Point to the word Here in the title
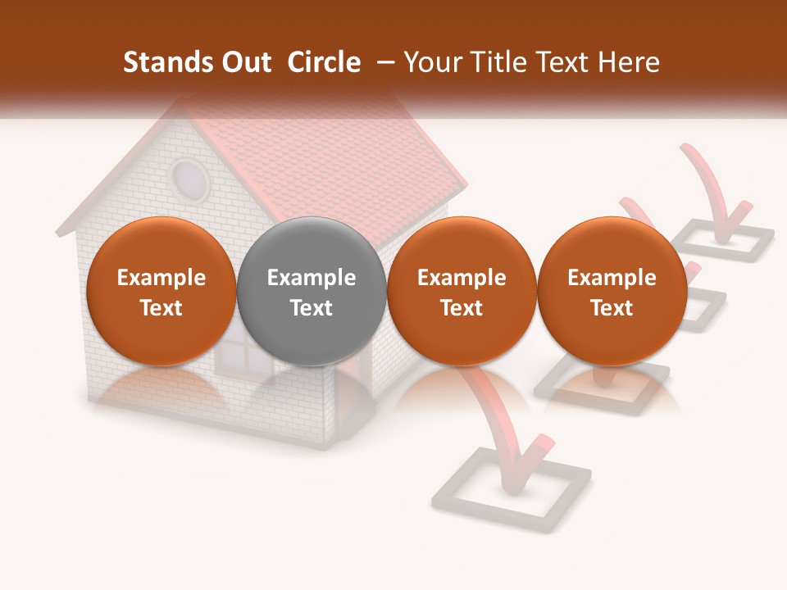pyautogui.click(x=630, y=62)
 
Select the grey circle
pyautogui.click(x=312, y=291)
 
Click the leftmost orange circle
pyautogui.click(x=161, y=291)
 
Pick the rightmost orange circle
pyautogui.click(x=612, y=291)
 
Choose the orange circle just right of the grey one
pyautogui.click(x=462, y=291)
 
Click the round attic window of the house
pyautogui.click(x=189, y=179)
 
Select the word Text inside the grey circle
pyautogui.click(x=312, y=308)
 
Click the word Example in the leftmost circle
pyautogui.click(x=161, y=278)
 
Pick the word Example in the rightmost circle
pyautogui.click(x=612, y=278)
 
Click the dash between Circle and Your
pyautogui.click(x=382, y=62)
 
